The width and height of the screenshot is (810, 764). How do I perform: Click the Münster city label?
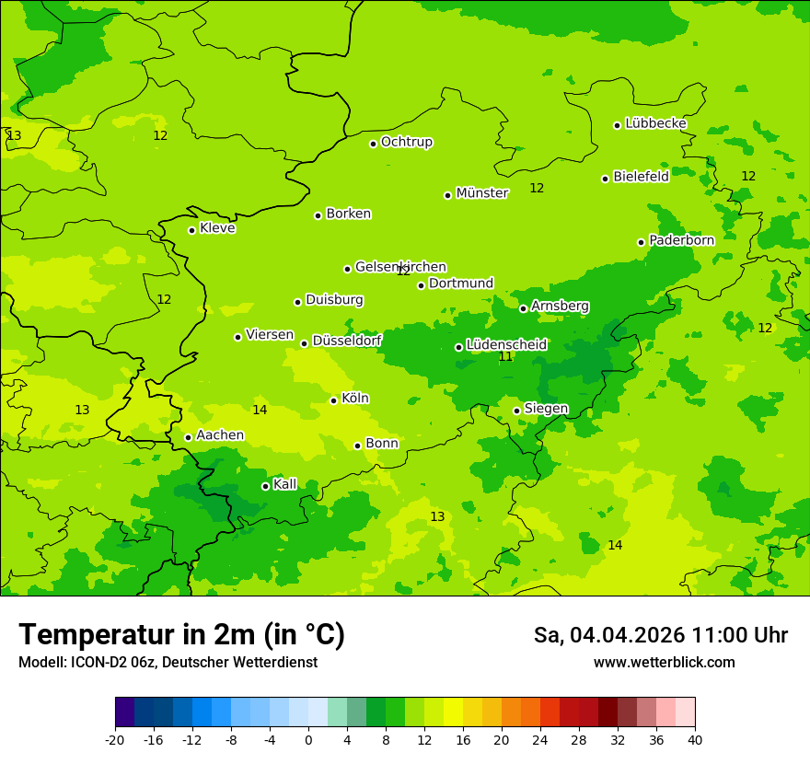tap(481, 193)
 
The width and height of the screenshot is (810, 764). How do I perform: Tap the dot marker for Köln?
tap(333, 400)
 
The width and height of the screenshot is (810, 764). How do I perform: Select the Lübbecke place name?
tap(655, 123)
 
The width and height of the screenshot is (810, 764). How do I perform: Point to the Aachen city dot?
tap(188, 437)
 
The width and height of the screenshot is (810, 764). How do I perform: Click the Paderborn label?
tap(681, 240)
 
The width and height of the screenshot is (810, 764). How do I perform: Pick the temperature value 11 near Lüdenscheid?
tap(505, 356)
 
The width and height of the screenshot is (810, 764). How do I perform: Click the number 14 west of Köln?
tap(260, 410)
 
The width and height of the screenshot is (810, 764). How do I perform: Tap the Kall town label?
tap(284, 484)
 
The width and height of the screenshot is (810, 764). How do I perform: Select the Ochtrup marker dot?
tap(373, 144)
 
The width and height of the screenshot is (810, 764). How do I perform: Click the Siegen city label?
tap(546, 409)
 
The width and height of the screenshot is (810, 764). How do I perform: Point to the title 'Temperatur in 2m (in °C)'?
tap(181, 635)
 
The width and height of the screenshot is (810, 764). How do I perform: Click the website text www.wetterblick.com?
tap(664, 663)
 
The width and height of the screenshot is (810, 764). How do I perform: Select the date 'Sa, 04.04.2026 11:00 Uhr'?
tap(660, 635)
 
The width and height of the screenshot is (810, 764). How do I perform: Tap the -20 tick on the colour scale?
tap(114, 740)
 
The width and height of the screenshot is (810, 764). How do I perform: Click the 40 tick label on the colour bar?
tap(694, 740)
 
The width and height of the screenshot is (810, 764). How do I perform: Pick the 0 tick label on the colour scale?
tap(308, 740)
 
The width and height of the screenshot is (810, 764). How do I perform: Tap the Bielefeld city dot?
tap(605, 179)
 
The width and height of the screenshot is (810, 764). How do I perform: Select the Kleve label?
tap(217, 228)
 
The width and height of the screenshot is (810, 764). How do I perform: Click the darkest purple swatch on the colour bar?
tap(124, 712)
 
